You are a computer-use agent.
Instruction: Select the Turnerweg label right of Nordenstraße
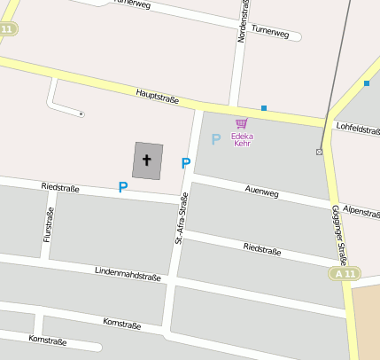point(270,33)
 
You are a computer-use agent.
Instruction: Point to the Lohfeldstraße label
point(359,129)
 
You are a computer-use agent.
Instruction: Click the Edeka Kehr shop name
point(242,139)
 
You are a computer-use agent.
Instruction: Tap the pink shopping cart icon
point(242,123)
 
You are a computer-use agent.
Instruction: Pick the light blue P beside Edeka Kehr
point(215,139)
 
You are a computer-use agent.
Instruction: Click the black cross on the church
point(147,160)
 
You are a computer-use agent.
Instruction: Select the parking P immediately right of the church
point(186,163)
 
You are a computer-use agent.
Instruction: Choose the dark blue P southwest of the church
point(123,187)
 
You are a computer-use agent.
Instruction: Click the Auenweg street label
point(261,191)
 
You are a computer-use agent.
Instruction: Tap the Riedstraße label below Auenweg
point(262,249)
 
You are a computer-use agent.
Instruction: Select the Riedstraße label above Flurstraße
point(60,187)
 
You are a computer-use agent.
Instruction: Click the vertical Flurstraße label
point(48,225)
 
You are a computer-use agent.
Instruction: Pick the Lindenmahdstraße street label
point(128,272)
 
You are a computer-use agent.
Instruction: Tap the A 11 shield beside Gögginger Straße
point(346,273)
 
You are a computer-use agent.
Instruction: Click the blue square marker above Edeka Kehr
point(264,108)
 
